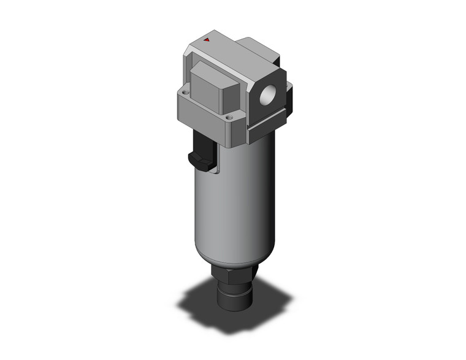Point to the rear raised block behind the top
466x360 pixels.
pyautogui.click(x=261, y=49)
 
